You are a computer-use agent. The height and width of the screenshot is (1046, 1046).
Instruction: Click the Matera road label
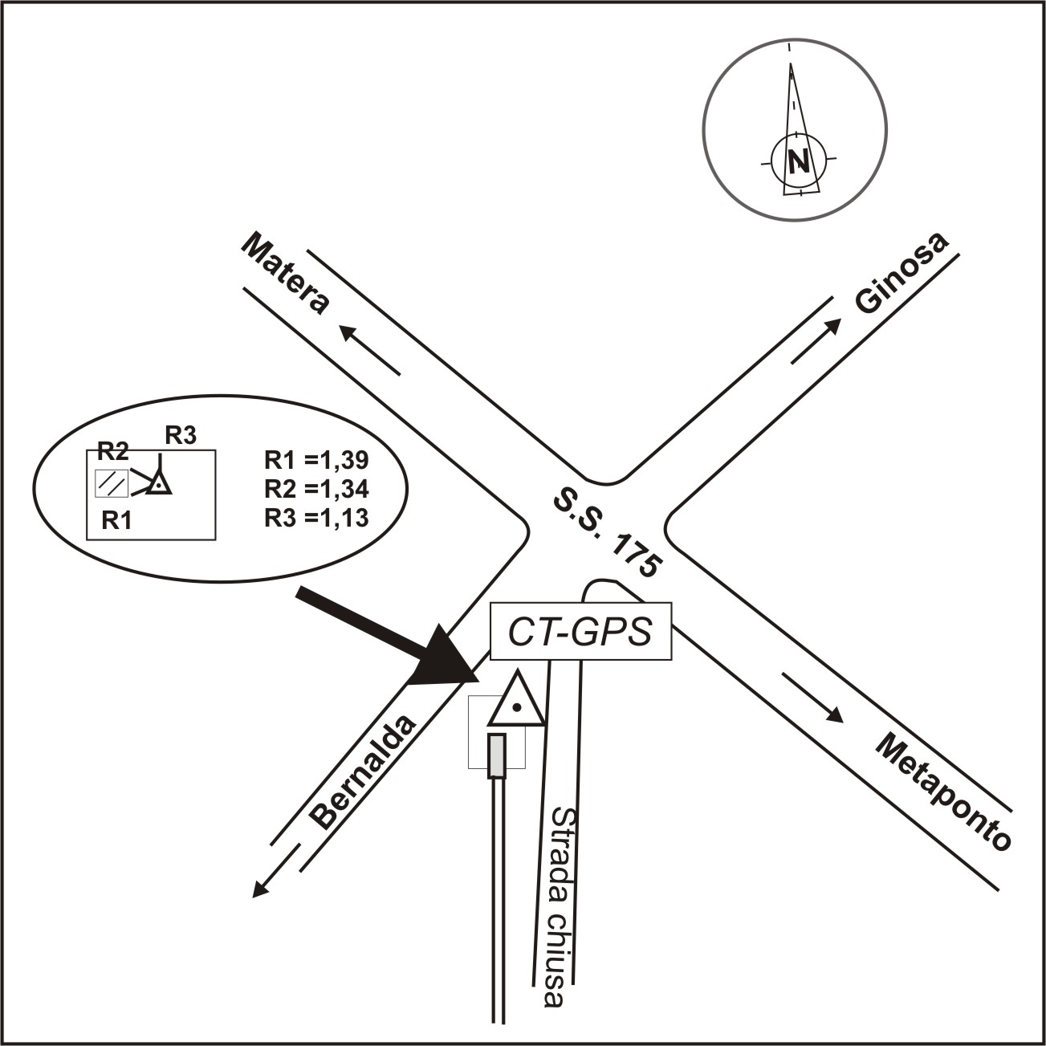[x=286, y=274]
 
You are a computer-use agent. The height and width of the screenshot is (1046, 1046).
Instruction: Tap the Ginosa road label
[x=901, y=274]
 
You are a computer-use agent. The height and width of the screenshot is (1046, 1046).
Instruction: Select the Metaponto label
[x=942, y=792]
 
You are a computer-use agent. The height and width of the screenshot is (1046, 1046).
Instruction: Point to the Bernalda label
[x=365, y=771]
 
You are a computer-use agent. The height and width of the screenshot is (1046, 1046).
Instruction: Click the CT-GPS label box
[x=580, y=632]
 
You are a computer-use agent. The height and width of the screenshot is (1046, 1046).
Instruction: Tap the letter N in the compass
[x=798, y=162]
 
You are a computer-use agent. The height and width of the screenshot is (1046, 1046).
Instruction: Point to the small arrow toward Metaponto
[x=813, y=698]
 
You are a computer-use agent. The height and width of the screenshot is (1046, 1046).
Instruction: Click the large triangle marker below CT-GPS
[x=516, y=703]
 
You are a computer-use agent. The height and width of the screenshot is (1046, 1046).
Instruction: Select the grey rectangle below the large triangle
[x=498, y=755]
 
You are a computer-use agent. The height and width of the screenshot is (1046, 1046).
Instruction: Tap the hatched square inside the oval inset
[x=112, y=482]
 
